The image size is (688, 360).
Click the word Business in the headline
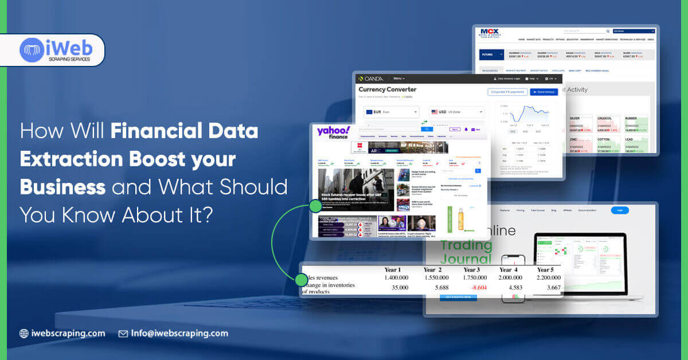coord(62,187)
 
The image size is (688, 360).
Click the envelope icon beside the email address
coord(123,333)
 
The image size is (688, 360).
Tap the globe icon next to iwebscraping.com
coord(24,333)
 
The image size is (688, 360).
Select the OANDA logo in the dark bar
coord(372,79)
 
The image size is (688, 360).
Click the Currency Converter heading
coord(388,89)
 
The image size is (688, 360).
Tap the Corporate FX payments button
coord(507,92)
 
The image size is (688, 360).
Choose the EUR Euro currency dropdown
coord(392,112)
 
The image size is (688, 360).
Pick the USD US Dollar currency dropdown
coord(457,112)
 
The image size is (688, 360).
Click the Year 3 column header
coord(471,269)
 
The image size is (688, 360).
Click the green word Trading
coord(466,245)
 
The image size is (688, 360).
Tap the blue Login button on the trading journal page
coord(620,210)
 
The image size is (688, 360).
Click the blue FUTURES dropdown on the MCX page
coord(492,55)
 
